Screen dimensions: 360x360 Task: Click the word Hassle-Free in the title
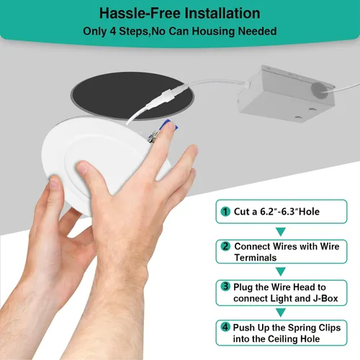click(x=140, y=13)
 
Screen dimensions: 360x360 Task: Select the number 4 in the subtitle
click(x=113, y=32)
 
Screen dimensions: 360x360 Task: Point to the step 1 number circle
click(x=225, y=212)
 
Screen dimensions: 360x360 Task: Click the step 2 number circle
click(x=225, y=246)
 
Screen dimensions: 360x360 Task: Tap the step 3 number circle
click(x=225, y=286)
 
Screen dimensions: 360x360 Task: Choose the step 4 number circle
click(x=225, y=327)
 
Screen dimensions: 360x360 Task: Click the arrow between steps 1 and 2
click(x=281, y=231)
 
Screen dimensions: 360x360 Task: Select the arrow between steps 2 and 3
click(x=281, y=271)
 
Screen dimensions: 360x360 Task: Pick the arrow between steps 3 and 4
click(x=281, y=312)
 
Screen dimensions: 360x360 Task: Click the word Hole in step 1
click(x=309, y=212)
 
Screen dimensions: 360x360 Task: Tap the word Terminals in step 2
click(x=256, y=258)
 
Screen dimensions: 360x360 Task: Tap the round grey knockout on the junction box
click(x=320, y=89)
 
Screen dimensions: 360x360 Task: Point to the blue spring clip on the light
click(x=171, y=125)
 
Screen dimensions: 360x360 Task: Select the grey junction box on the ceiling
click(x=286, y=94)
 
